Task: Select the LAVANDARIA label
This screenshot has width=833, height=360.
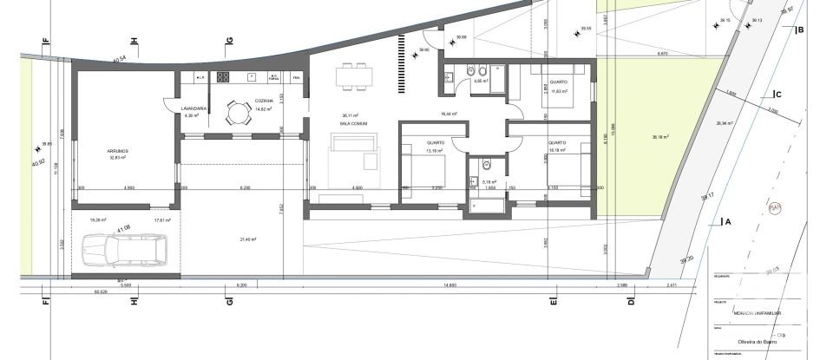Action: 193,108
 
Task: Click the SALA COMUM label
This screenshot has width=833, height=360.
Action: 351,124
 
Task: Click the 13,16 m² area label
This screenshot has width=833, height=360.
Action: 435,150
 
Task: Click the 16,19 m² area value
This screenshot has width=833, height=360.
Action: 556,150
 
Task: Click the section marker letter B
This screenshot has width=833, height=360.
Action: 800,30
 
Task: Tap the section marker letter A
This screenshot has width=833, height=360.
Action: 728,221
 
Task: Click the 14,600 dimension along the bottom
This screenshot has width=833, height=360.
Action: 449,284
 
